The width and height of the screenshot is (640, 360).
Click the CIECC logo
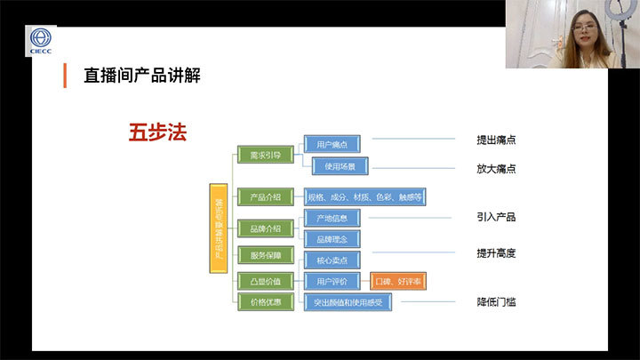tap(41, 41)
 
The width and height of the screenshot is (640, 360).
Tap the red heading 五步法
tap(157, 132)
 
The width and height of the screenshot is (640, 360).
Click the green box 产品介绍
tap(265, 196)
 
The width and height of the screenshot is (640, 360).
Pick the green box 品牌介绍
tap(265, 229)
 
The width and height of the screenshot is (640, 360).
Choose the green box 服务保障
tap(265, 254)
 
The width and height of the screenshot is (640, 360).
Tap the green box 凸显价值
tap(265, 281)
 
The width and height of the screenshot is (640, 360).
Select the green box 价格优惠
tap(265, 302)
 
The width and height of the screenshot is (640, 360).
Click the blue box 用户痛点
tap(332, 144)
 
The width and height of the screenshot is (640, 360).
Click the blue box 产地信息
tap(332, 218)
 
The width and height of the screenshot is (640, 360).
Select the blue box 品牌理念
tap(332, 239)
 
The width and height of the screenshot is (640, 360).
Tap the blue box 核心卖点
tap(332, 260)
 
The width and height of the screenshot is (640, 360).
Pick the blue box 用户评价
tap(332, 281)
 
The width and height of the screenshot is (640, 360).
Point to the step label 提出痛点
tap(496, 140)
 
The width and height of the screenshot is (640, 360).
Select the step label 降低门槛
tap(496, 302)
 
